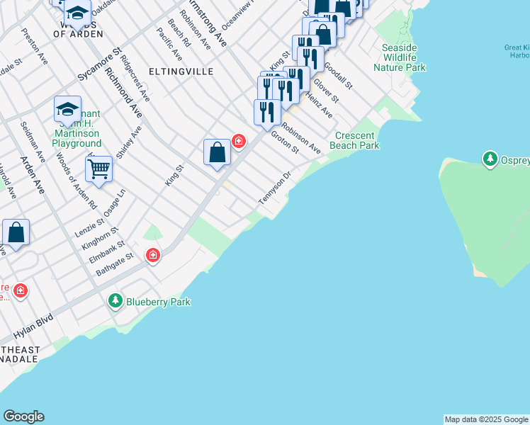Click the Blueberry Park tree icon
pyautogui.click(x=115, y=302)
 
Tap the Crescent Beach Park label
pyautogui.click(x=358, y=140)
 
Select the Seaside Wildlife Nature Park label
pyautogui.click(x=400, y=57)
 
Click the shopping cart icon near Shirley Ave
pyautogui.click(x=99, y=169)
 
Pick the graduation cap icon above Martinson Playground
pyautogui.click(x=67, y=110)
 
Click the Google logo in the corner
pyautogui.click(x=23, y=416)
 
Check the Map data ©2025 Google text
pyautogui.click(x=486, y=419)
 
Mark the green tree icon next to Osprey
pyautogui.click(x=490, y=159)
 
